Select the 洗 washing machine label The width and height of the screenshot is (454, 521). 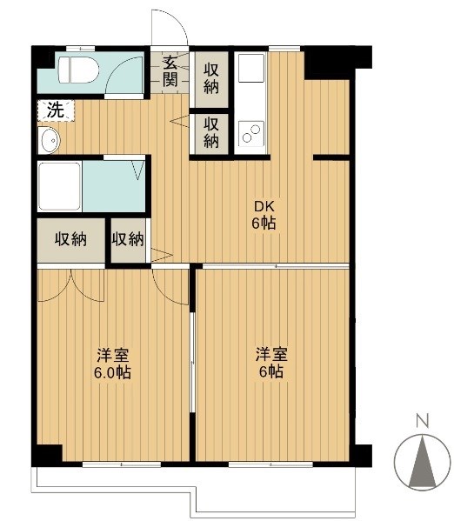(55, 110)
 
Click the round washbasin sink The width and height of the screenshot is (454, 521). (48, 138)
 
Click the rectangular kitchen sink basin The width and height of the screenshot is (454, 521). (250, 69)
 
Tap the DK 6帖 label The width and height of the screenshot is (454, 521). (264, 216)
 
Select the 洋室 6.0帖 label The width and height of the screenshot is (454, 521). (113, 364)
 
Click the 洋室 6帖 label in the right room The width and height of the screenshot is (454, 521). (270, 363)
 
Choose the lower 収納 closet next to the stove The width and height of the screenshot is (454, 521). (211, 132)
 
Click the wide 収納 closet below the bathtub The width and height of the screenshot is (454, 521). (70, 240)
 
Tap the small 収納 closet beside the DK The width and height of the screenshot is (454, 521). (128, 240)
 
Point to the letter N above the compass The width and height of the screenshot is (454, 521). (422, 422)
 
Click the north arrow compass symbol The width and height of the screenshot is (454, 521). (422, 460)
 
